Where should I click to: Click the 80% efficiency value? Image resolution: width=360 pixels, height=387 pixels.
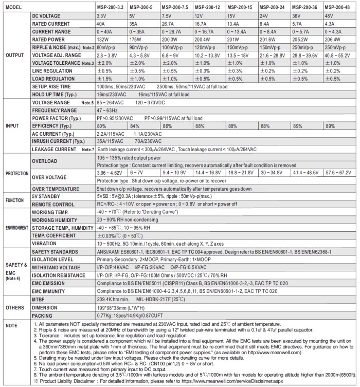(x=102, y=125)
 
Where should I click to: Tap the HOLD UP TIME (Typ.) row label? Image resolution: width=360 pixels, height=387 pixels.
(x=56, y=96)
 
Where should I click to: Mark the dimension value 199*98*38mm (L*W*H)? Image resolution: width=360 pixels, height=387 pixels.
(x=126, y=306)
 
